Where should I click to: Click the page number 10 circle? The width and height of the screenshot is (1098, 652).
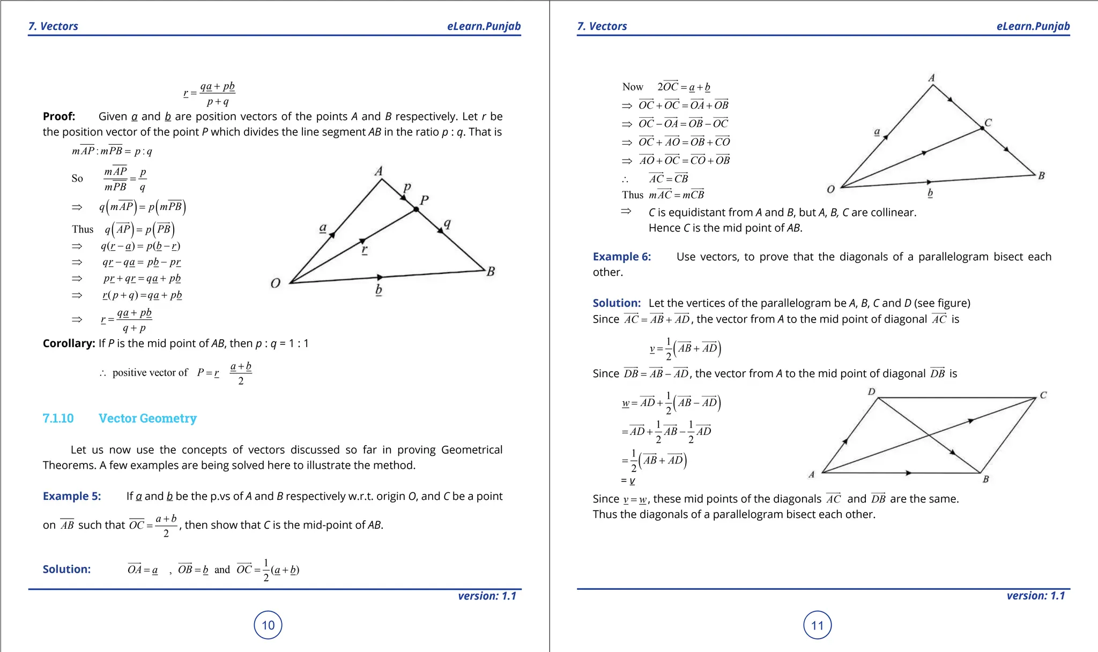click(x=268, y=625)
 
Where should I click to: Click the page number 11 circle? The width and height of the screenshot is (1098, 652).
click(x=817, y=625)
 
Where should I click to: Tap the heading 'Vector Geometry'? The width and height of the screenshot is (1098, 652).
click(x=147, y=418)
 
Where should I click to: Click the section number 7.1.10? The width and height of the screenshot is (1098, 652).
click(x=58, y=418)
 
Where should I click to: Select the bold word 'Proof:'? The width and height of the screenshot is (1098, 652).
click(x=59, y=117)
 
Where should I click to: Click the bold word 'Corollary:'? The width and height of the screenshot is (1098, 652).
click(x=69, y=343)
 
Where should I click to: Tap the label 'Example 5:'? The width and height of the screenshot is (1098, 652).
click(x=72, y=496)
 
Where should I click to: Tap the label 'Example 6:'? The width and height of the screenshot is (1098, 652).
click(x=621, y=257)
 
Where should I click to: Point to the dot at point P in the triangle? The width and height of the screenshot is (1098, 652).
click(x=416, y=209)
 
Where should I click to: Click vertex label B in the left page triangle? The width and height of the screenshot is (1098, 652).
click(x=491, y=272)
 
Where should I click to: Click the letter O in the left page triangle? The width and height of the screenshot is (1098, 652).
click(x=276, y=283)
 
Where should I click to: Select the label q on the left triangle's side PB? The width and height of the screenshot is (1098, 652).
click(x=447, y=223)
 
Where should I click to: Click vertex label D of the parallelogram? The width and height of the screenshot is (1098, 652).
click(x=872, y=392)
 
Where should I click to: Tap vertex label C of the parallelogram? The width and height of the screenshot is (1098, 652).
click(x=1043, y=395)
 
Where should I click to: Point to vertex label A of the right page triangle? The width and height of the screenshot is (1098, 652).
click(x=932, y=78)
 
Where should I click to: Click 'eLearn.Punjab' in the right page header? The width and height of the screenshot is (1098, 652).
click(x=1033, y=26)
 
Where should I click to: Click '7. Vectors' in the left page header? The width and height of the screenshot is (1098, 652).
click(x=53, y=26)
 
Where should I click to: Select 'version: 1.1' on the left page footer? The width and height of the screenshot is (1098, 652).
click(x=487, y=596)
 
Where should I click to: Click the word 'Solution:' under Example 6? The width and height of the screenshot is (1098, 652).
click(x=617, y=303)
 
